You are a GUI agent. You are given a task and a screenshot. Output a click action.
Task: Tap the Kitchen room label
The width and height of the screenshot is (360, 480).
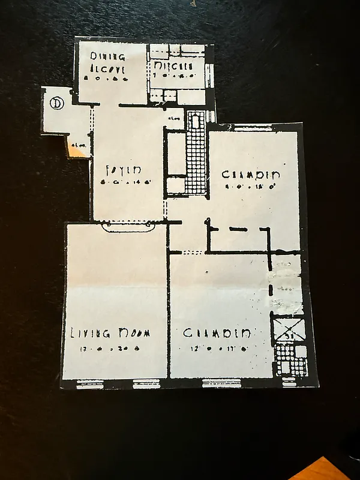point(173,65)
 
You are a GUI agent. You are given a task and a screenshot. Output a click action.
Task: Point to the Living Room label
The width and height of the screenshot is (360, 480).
point(110,333)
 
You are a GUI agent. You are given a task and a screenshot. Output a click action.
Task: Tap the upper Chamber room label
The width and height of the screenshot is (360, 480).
point(251,175)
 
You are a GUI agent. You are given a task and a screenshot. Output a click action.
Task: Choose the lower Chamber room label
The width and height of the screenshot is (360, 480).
point(217,333)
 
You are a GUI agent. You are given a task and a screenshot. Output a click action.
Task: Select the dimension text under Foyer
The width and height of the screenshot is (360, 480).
point(125,181)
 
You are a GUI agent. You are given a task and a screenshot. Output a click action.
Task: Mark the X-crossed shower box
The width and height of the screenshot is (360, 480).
point(289,331)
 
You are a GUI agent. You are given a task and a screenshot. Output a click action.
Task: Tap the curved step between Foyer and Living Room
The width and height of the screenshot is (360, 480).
point(128,227)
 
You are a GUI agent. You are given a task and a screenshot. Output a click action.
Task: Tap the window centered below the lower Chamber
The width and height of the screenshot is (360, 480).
point(222,382)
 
